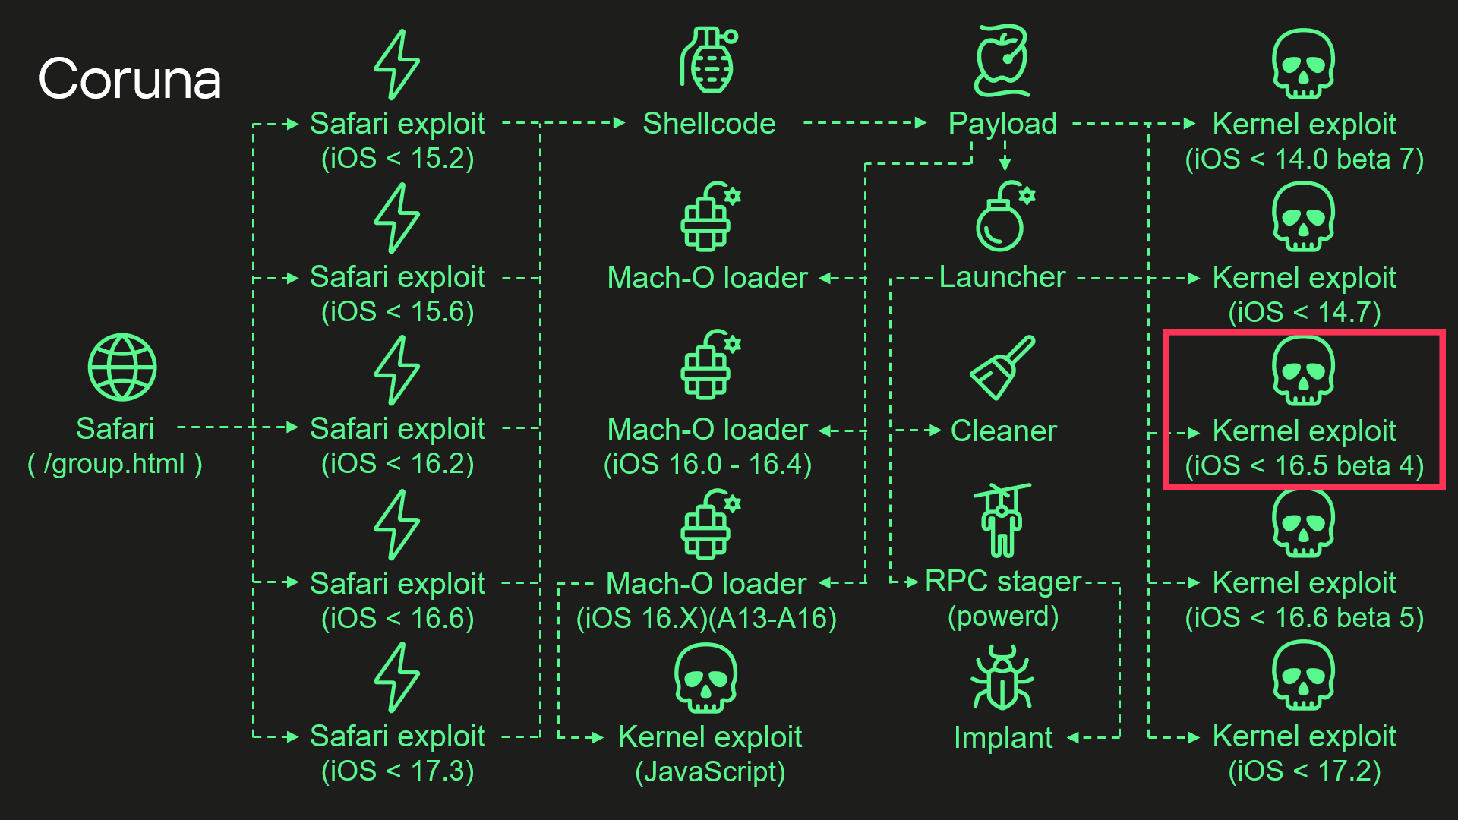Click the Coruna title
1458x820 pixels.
130,79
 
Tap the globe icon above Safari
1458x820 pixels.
122,367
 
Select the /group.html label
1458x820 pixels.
115,464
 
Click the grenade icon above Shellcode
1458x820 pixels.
709,60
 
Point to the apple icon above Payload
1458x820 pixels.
1002,61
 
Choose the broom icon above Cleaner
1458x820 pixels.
1002,367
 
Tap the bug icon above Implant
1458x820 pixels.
1002,677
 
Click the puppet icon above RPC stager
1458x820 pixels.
1002,520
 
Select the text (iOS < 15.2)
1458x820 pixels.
398,159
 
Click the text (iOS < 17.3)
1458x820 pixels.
398,771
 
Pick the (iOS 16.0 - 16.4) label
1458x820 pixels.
708,464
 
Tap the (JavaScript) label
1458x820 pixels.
710,771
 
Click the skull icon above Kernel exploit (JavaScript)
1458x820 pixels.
705,678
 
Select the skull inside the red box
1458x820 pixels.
1303,371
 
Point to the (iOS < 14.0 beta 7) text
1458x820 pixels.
1305,159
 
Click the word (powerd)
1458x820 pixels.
1003,617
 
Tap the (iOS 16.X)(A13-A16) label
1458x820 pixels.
706,618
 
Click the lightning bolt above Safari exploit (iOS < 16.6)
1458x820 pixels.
396,525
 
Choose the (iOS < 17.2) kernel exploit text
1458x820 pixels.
1305,771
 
